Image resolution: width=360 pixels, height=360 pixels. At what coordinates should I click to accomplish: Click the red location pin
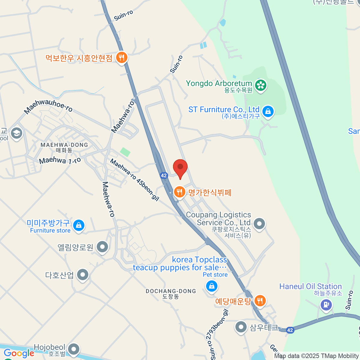pyautogui.click(x=180, y=168)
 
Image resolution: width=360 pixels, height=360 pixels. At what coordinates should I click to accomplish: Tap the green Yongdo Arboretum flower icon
pyautogui.click(x=261, y=85)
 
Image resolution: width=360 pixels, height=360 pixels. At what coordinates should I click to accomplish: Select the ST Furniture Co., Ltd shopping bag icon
pyautogui.click(x=268, y=111)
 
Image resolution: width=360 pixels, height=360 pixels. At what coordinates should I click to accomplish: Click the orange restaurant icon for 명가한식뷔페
pyautogui.click(x=179, y=192)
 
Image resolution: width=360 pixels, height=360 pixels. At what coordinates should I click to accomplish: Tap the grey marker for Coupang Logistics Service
pyautogui.click(x=259, y=223)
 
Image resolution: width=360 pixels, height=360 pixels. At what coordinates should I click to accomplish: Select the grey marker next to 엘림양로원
pyautogui.click(x=103, y=247)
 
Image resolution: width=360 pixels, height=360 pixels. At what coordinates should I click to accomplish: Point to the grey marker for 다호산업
pyautogui.click(x=82, y=274)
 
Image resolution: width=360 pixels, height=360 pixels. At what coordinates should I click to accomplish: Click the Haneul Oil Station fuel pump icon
pyautogui.click(x=326, y=305)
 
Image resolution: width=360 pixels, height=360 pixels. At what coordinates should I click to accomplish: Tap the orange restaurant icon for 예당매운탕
pyautogui.click(x=260, y=300)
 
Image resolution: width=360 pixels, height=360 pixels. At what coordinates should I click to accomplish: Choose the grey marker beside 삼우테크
pyautogui.click(x=241, y=327)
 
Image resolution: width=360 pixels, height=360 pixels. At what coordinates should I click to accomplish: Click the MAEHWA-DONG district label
pyautogui.click(x=64, y=147)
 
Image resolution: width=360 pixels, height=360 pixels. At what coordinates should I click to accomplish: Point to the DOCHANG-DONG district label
pyautogui.click(x=171, y=293)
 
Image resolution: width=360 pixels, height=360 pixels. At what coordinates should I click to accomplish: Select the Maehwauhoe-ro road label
pyautogui.click(x=48, y=106)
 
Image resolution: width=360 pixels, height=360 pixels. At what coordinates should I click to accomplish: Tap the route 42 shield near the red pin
pyautogui.click(x=163, y=175)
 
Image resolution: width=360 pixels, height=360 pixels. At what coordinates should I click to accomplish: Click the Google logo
pyautogui.click(x=19, y=353)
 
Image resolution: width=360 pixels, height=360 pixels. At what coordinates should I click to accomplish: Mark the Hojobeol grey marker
pyautogui.click(x=73, y=349)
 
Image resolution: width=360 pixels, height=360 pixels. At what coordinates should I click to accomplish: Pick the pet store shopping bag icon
pyautogui.click(x=211, y=286)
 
